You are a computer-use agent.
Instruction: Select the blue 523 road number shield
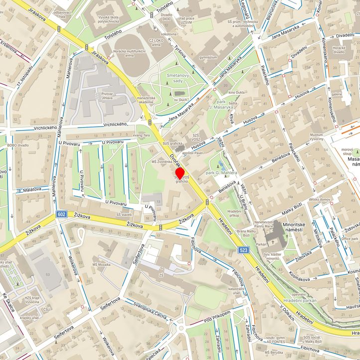[243, 250]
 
